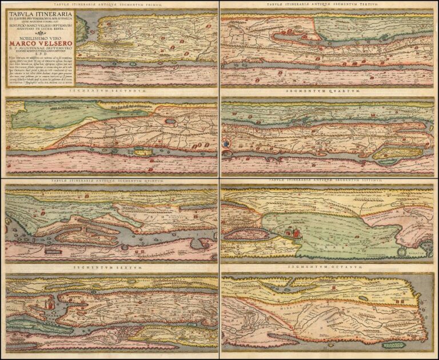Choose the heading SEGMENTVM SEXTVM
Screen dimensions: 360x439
click(x=110, y=267)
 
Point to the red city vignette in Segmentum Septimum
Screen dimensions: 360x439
click(x=293, y=231)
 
